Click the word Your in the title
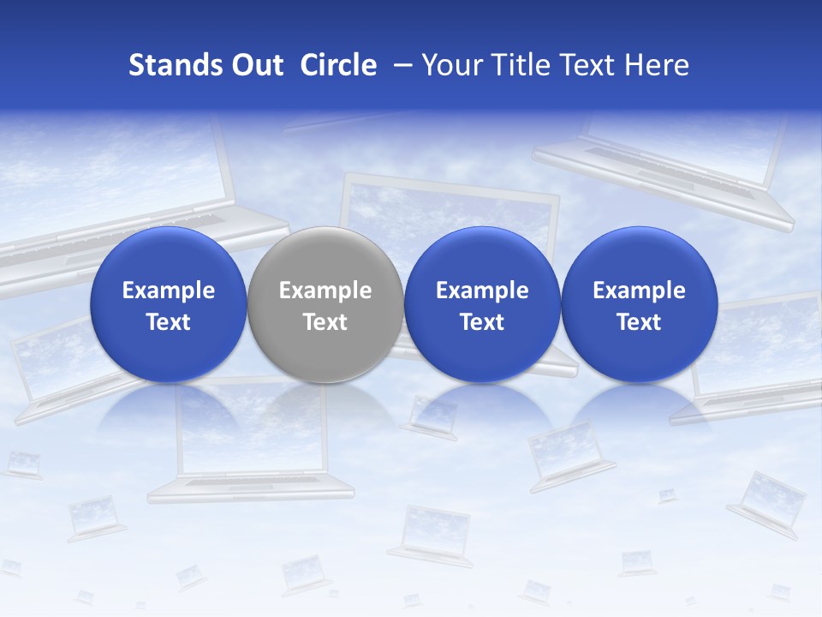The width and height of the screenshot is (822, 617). coord(449,65)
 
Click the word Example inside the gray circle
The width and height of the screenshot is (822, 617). coord(325,291)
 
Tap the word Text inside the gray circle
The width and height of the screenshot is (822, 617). coord(325,322)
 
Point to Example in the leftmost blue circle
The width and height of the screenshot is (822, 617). coord(169,291)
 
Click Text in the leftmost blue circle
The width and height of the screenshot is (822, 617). coord(169,322)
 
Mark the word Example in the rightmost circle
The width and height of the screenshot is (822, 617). coord(640,291)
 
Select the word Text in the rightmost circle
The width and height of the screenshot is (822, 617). coord(640,322)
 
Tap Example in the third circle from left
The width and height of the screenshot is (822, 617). coord(482,291)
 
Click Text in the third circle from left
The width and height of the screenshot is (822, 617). coord(482,322)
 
